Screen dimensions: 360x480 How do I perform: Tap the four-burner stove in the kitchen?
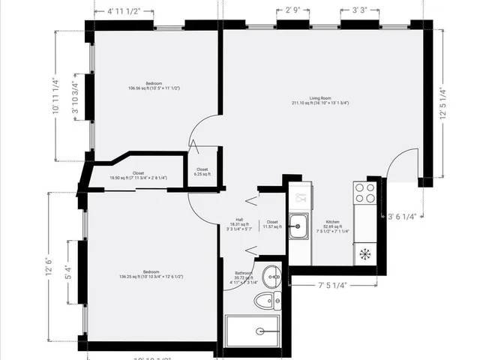pos(365,193)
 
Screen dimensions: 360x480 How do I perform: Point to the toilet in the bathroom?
pos(265,301)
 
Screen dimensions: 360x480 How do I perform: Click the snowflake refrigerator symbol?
pos(365,253)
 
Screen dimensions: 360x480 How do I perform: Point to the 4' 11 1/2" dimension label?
pos(124,11)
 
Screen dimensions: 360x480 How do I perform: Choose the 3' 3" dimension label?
pos(353,10)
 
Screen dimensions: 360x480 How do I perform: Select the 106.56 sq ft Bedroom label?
pos(154,85)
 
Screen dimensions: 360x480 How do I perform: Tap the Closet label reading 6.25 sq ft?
pos(202,172)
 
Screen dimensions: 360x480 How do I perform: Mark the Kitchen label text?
pos(332,225)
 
